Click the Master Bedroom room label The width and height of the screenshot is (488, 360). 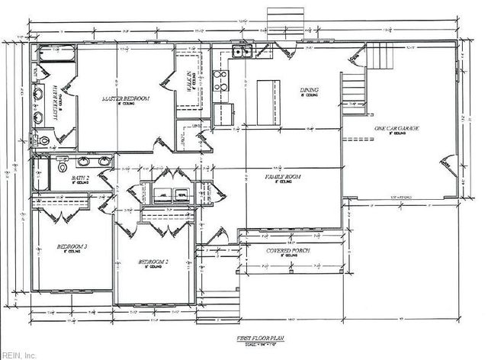pyautogui.click(x=127, y=99)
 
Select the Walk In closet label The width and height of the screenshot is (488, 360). pyautogui.click(x=190, y=79)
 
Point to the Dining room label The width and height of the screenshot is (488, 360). pyautogui.click(x=309, y=91)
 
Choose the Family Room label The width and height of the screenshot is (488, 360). pyautogui.click(x=282, y=177)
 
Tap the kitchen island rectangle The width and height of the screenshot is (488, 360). pyautogui.click(x=268, y=96)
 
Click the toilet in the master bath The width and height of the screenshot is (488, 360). pyautogui.click(x=43, y=140)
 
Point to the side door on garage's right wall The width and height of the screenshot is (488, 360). pyautogui.click(x=444, y=165)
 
